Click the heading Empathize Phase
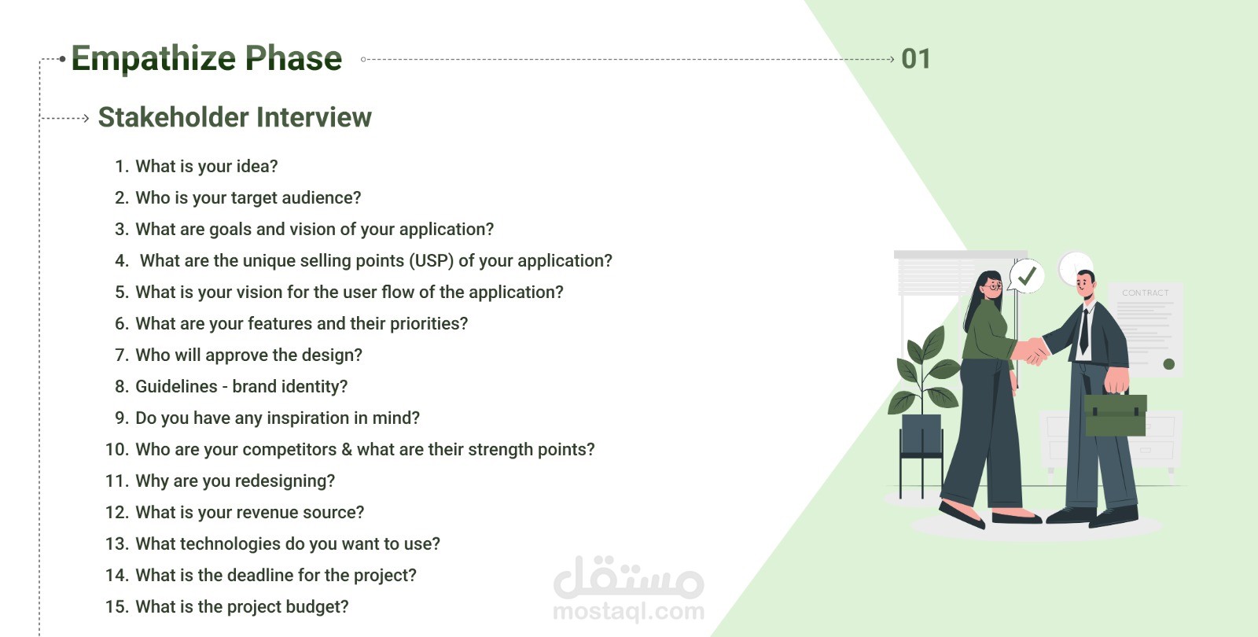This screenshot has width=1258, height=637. point(207,58)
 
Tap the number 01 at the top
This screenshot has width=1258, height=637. point(916,59)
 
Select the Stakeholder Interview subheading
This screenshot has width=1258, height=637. point(235,117)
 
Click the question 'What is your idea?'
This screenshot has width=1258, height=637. point(207,166)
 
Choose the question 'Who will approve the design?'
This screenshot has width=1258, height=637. point(248,355)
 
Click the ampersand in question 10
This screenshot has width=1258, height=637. point(347,449)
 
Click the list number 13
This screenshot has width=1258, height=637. point(117,543)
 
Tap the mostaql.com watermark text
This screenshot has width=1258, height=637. point(628,611)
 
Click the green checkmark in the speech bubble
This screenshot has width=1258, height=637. point(1027,276)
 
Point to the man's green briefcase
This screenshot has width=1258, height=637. point(1115,414)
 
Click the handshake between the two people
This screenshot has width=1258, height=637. point(1032,351)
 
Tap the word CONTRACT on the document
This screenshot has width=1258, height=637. point(1145,293)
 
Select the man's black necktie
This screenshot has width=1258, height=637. point(1084,332)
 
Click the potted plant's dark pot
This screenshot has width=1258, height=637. point(921,433)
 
